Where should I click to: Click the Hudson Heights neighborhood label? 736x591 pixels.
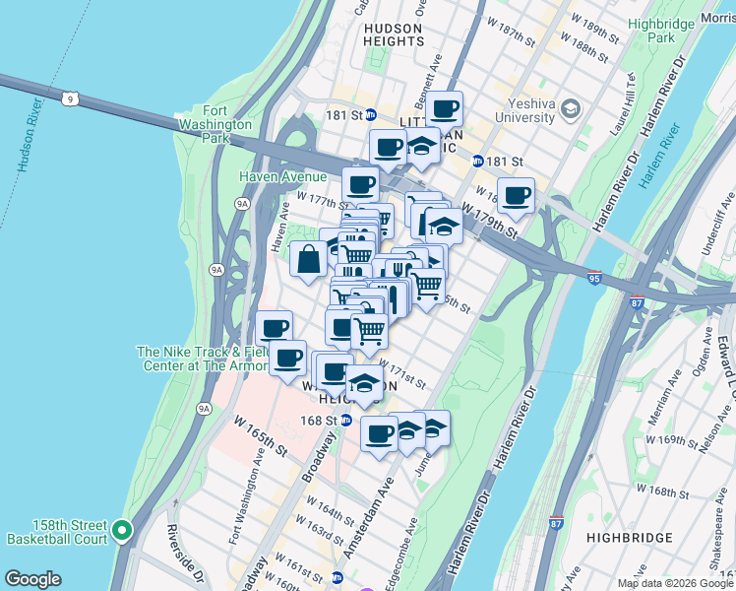click(393, 34)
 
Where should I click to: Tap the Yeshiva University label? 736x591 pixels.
click(538, 110)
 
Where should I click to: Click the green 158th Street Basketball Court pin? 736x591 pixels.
click(122, 531)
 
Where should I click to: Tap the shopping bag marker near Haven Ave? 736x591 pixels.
click(308, 260)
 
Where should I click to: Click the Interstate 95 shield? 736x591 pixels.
click(593, 279)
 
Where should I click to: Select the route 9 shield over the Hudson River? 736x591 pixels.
click(69, 98)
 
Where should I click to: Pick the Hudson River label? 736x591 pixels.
click(29, 136)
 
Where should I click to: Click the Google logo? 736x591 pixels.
click(33, 579)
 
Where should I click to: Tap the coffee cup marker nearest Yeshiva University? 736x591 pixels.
click(516, 194)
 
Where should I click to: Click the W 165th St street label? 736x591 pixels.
click(261, 435)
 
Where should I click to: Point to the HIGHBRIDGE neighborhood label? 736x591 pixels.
click(629, 538)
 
